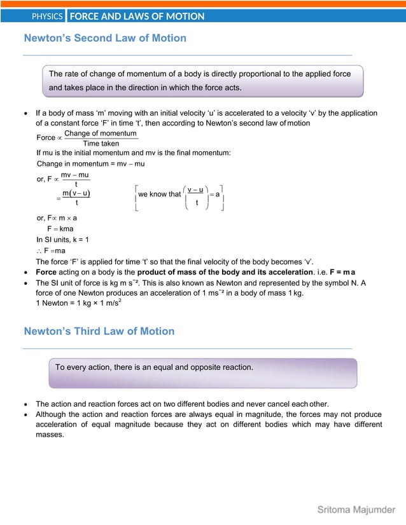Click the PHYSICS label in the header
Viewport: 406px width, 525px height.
click(x=48, y=16)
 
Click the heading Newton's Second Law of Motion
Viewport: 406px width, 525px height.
click(x=105, y=38)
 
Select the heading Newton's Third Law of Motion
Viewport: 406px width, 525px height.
click(x=99, y=331)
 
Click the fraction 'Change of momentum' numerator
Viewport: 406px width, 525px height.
click(x=101, y=133)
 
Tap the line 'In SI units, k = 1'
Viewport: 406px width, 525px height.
click(x=63, y=240)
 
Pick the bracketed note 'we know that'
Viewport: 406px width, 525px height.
click(x=159, y=194)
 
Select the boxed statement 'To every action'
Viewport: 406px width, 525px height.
click(x=154, y=367)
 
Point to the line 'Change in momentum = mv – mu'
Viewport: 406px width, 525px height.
click(x=90, y=164)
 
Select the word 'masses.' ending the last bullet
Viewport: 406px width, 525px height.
click(x=50, y=435)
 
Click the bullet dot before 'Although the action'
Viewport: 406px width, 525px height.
click(x=25, y=414)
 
